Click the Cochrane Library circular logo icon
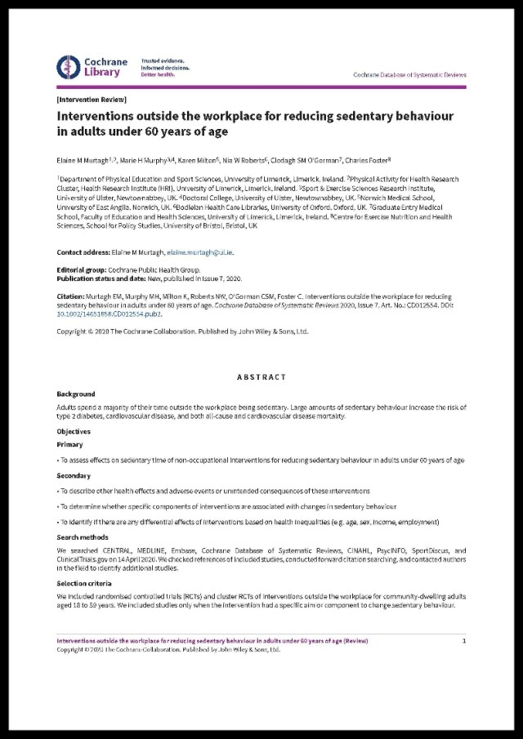click(69, 67)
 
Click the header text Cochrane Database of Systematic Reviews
click(409, 74)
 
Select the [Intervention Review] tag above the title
click(80, 98)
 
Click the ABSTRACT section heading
click(261, 376)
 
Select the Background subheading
click(76, 394)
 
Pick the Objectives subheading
click(74, 431)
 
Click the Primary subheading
click(69, 445)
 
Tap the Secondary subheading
click(74, 475)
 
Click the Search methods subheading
click(83, 537)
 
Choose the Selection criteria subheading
click(86, 585)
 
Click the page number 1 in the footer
click(464, 641)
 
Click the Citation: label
click(72, 297)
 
